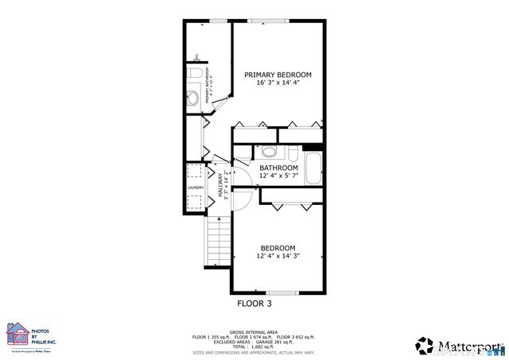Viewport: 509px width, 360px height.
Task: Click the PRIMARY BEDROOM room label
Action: [x=278, y=75]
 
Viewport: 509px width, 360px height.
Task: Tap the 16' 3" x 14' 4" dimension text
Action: [x=278, y=83]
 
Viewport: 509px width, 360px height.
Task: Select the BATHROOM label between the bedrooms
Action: [x=278, y=168]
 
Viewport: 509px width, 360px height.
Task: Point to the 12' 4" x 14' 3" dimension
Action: [x=278, y=256]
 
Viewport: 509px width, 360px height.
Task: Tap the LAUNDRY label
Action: [x=196, y=188]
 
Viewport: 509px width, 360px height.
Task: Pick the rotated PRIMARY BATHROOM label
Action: [x=208, y=88]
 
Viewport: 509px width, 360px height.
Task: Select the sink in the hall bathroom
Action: [x=269, y=152]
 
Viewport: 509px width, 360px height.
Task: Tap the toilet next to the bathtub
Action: [x=292, y=153]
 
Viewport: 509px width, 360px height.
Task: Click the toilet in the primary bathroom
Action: [x=195, y=74]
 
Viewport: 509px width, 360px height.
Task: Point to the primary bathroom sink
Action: [x=193, y=100]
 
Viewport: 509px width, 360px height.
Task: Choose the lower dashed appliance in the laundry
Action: [x=195, y=202]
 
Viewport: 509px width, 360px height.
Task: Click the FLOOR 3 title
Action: [x=254, y=304]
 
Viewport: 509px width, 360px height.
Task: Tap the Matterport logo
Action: [x=459, y=346]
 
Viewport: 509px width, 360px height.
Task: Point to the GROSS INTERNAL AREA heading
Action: [x=254, y=332]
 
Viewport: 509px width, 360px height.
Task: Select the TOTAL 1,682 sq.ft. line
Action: [x=254, y=346]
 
